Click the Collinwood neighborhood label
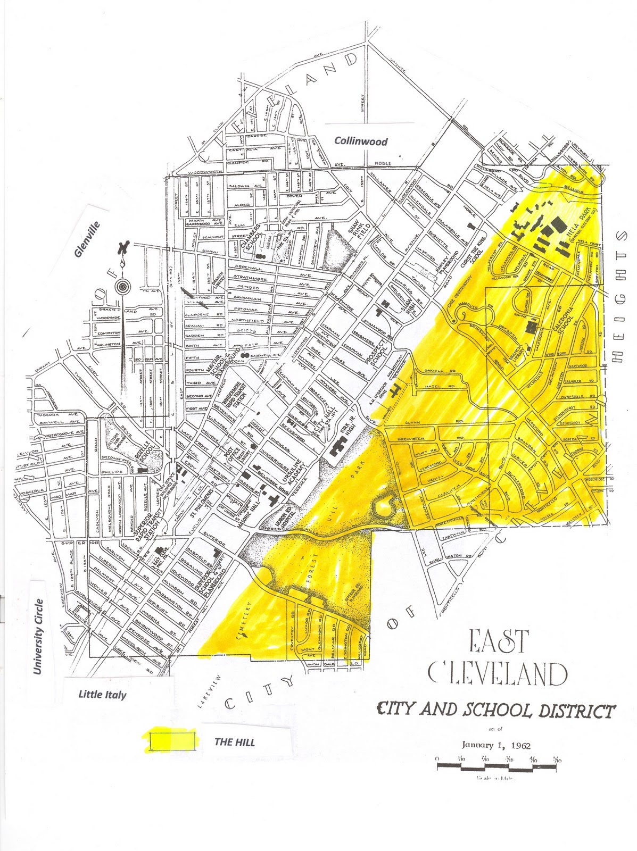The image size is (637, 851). [x=361, y=141]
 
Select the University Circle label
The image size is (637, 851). [x=38, y=636]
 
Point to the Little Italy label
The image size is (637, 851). [x=102, y=694]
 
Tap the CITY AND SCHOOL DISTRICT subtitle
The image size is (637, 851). [x=495, y=710]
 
